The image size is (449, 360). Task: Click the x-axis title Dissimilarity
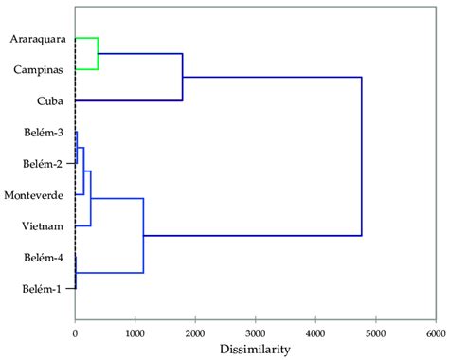point(255,348)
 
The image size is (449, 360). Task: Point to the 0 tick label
point(75,332)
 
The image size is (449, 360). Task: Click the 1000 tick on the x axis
point(135,332)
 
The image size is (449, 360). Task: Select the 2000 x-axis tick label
point(195,332)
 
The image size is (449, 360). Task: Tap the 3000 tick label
point(256,332)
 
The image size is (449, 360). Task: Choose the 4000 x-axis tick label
point(315,332)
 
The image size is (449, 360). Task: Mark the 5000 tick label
point(376,332)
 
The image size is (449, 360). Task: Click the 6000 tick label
point(436,332)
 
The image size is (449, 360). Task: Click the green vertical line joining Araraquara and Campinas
point(99,54)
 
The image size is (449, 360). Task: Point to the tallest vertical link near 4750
point(361,156)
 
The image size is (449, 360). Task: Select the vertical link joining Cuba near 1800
point(183,77)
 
